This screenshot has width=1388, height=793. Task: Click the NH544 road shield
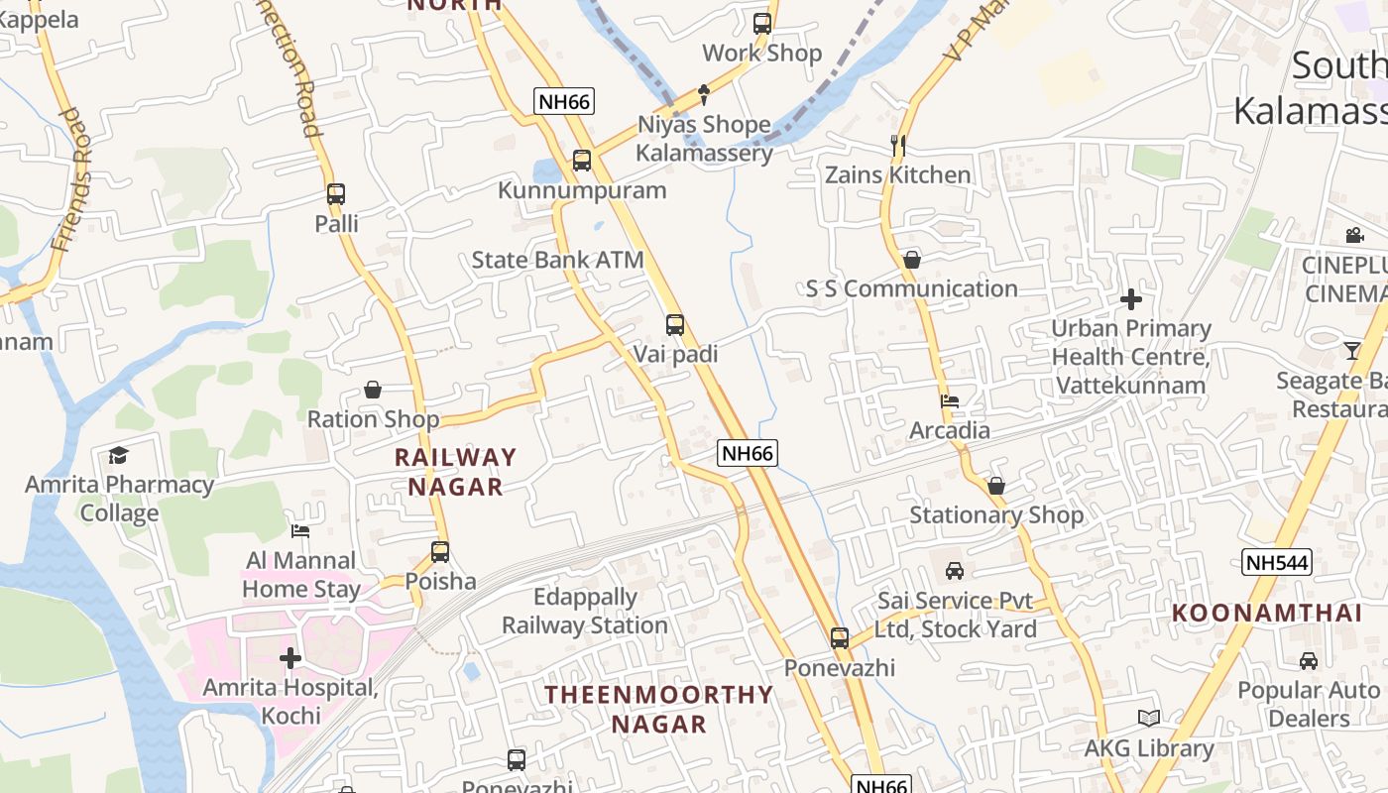[1277, 563]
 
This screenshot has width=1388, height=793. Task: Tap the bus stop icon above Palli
[336, 194]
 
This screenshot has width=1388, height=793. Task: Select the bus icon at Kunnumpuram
[582, 161]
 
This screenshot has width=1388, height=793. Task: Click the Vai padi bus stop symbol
[675, 325]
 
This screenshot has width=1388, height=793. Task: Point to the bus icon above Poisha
[440, 552]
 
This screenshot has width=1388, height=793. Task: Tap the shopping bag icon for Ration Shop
[373, 390]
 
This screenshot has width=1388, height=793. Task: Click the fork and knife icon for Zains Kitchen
[898, 146]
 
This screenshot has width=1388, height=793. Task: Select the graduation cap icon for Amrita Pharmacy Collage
[119, 456]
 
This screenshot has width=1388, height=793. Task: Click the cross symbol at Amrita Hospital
[290, 658]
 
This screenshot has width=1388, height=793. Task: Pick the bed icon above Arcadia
[950, 401]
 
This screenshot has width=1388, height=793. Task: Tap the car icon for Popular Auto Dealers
[1309, 661]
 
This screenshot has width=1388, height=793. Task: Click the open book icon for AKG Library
[1149, 719]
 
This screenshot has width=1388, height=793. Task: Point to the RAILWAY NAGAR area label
[456, 472]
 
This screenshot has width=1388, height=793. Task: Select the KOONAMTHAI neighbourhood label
[1267, 613]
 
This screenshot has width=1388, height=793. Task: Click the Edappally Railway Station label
[585, 611]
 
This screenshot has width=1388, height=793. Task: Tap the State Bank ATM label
[557, 260]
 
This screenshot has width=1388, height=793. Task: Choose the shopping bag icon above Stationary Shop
[996, 486]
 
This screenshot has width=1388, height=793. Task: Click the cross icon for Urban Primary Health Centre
[1131, 299]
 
